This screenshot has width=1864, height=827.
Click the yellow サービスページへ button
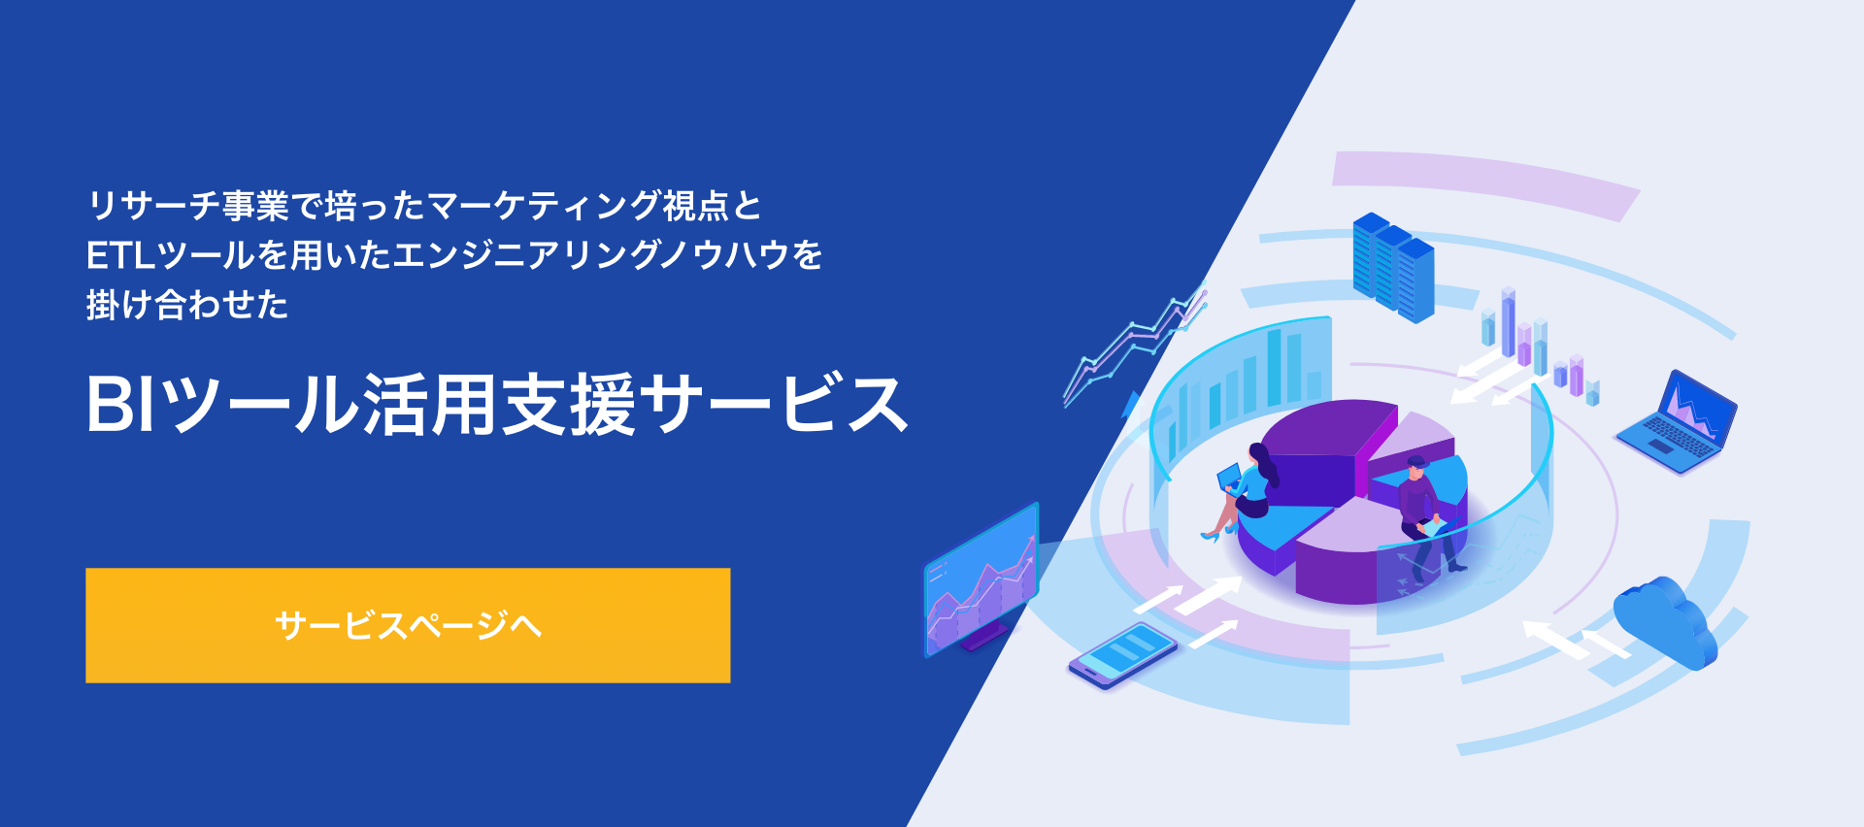[408, 625]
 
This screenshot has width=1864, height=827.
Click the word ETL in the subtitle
[120, 255]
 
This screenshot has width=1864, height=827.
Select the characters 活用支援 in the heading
[499, 404]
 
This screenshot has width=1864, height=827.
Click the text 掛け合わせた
[187, 305]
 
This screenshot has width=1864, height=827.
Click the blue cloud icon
[1664, 622]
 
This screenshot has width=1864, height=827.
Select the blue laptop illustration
[1678, 422]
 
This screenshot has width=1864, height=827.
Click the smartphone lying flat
[1122, 655]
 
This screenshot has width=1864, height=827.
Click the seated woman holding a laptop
[1246, 489]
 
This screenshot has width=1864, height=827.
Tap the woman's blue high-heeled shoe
[1210, 535]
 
